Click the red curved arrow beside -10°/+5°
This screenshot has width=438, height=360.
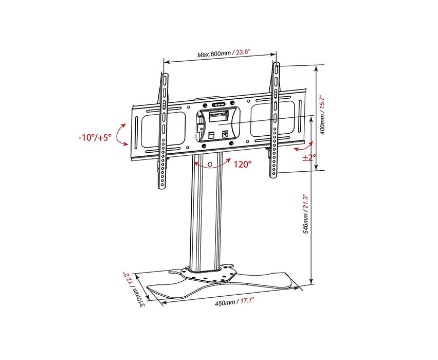pyautogui.click(x=121, y=135)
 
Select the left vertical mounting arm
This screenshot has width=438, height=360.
pyautogui.click(x=163, y=131)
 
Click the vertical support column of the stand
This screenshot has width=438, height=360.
pyautogui.click(x=205, y=216)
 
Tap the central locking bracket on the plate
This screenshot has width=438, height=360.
pyautogui.click(x=217, y=122)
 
